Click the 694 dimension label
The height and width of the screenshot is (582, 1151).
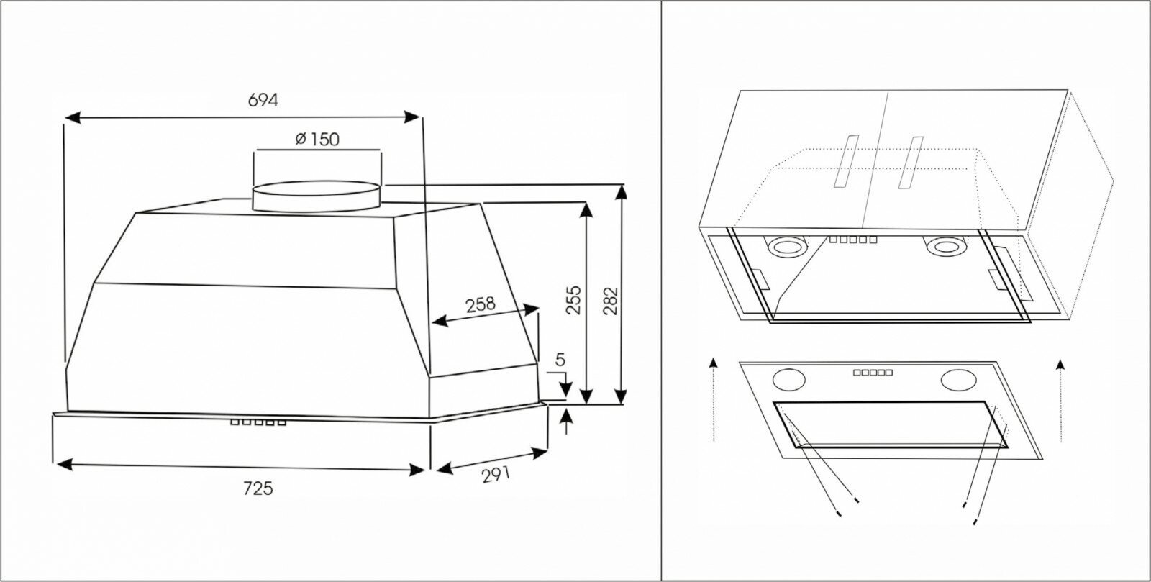263,100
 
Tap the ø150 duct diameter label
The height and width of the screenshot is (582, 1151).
317,139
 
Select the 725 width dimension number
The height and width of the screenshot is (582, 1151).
258,488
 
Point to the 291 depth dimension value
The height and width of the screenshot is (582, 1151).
496,474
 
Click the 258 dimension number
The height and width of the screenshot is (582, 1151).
480,304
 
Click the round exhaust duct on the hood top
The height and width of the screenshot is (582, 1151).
317,196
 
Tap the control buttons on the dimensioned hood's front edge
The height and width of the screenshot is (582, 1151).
258,423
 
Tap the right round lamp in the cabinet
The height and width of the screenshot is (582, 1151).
943,247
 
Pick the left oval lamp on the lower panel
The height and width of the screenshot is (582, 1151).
788,378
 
